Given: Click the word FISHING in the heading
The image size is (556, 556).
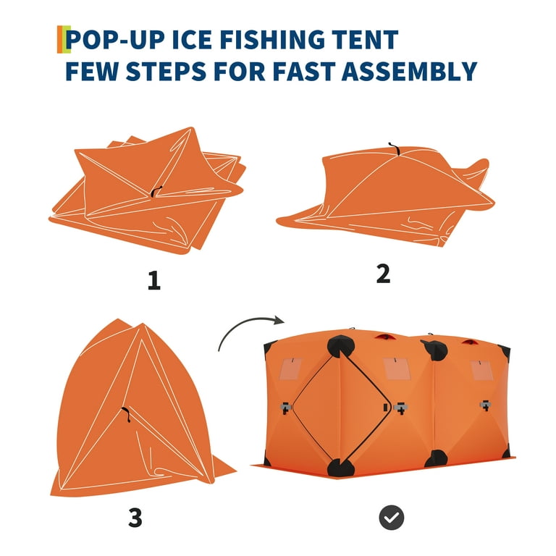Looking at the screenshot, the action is (x=272, y=39).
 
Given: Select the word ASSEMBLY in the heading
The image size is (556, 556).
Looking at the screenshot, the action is (x=409, y=71).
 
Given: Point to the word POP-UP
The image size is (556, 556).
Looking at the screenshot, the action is (x=115, y=39).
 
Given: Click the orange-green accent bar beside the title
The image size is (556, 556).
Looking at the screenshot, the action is (x=64, y=39).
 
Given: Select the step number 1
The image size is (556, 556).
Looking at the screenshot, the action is (x=154, y=280).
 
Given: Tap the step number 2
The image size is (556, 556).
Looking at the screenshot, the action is (x=383, y=274).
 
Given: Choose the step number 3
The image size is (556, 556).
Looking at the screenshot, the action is (x=135, y=518).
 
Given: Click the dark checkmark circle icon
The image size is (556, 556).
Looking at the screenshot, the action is (x=392, y=518).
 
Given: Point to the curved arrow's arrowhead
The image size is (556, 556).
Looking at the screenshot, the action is (x=279, y=320).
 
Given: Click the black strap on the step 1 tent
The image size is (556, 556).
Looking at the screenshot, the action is (x=156, y=191).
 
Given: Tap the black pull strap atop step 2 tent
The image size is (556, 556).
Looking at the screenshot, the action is (x=394, y=149).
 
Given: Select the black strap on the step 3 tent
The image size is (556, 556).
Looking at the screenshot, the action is (x=126, y=414).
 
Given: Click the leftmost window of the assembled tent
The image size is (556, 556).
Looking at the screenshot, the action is (x=291, y=368).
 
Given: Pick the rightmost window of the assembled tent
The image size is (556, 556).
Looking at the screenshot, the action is (x=481, y=371).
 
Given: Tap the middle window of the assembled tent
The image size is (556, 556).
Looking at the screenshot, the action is (x=397, y=368).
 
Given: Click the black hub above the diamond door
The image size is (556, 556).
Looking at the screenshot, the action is (x=340, y=347).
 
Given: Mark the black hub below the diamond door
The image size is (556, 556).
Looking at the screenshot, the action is (x=340, y=468).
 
